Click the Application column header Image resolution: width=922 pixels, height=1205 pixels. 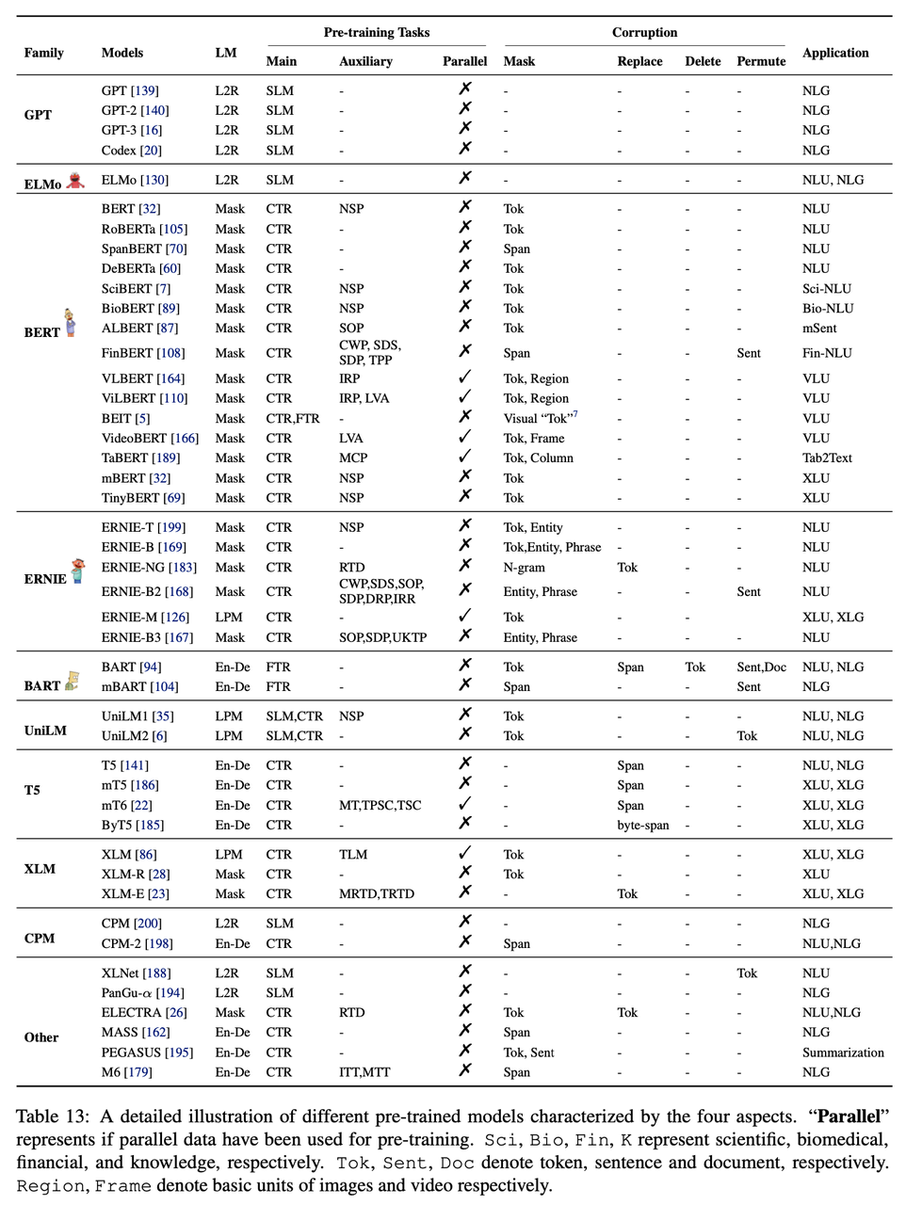click(834, 53)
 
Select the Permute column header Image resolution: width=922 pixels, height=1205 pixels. click(760, 61)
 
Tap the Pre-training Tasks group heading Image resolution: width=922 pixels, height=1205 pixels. click(376, 32)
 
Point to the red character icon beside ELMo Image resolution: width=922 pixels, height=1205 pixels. click(76, 180)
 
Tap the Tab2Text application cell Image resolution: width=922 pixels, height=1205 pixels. click(826, 458)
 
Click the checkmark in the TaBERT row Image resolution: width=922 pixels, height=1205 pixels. click(464, 457)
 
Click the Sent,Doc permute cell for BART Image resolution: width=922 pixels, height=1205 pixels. click(761, 667)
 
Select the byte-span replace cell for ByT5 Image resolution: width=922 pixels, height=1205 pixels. click(642, 826)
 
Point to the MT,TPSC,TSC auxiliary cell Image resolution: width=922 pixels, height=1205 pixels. click(380, 806)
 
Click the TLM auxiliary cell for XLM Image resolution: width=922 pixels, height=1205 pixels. click(353, 855)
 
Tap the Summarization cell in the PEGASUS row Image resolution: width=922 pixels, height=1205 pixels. click(842, 1052)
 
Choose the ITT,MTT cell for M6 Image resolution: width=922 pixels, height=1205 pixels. click(364, 1072)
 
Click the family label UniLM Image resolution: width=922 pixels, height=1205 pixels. click(45, 731)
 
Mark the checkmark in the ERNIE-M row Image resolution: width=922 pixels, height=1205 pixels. click(464, 616)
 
